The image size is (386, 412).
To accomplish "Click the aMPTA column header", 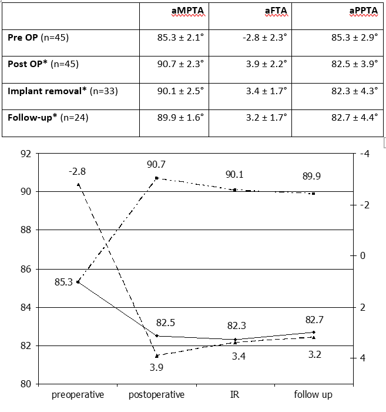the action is pos(187,11).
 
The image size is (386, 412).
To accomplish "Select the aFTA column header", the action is pos(276,11).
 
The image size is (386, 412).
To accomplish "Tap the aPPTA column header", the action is pos(364,11).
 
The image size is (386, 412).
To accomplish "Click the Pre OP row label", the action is pos(38,38).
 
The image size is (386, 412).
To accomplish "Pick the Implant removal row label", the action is pos(63,91).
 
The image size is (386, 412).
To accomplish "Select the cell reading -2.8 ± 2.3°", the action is pos(264,38).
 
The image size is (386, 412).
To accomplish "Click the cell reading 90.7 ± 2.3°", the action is pos(180,64).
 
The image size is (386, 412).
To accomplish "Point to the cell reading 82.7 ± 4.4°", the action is pos(354,118).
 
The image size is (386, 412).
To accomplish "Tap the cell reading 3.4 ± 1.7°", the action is pos(266,91).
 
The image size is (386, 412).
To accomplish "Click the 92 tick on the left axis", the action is pos(26,154).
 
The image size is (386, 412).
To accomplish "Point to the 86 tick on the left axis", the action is pos(26,270).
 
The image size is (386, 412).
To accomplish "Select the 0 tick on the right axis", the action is pos(362,255).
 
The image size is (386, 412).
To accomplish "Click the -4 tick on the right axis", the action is pos(364,154).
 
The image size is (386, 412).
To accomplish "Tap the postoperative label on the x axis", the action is pos(156,395).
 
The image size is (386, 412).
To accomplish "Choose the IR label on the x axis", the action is pos(234,395).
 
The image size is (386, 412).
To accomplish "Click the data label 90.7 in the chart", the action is pos(156,164).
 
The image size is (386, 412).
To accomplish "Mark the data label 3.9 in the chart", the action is pos(156,367).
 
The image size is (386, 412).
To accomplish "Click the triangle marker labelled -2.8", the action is pos(78,184).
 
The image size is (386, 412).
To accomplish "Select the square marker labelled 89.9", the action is pos(313,194).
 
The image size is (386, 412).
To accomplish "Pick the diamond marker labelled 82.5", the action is pos(157,336).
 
